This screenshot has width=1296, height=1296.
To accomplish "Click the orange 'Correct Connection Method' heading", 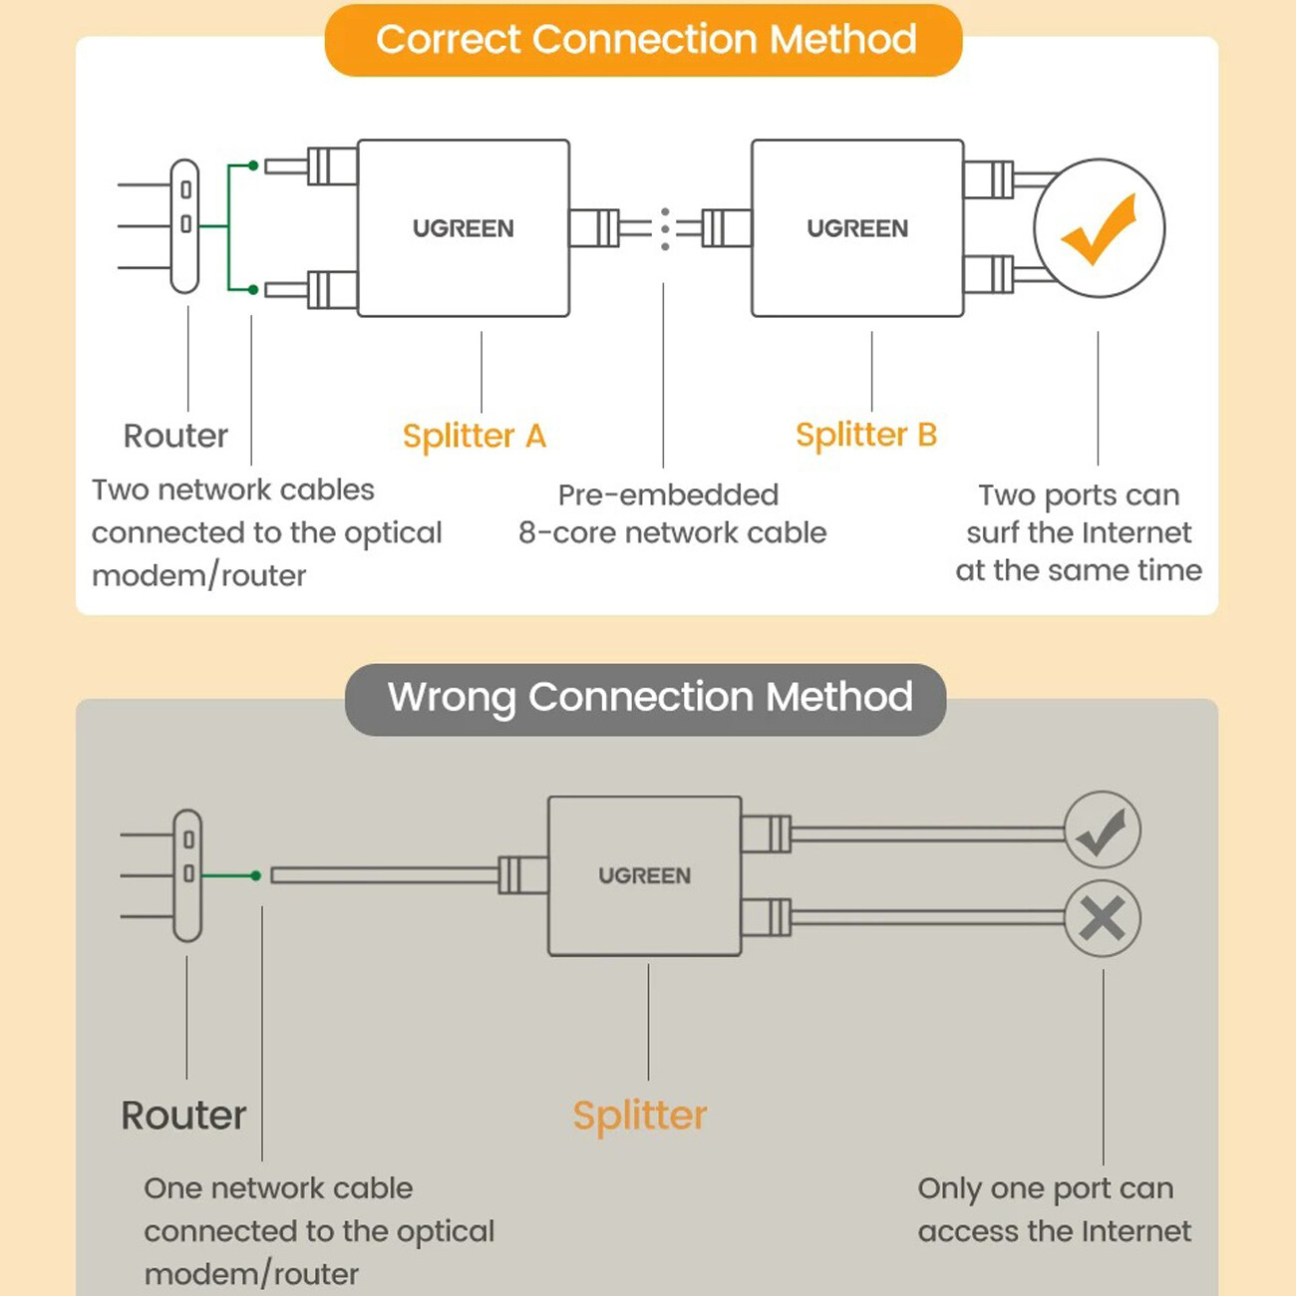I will (645, 40).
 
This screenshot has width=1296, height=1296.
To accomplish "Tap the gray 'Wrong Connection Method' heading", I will (648, 697).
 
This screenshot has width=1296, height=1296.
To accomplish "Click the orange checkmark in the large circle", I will (1099, 228).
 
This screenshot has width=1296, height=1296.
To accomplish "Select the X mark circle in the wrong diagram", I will (1102, 918).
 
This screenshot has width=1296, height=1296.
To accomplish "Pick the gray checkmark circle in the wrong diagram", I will (1102, 830).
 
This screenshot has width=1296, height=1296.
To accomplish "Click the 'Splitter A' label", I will (474, 436).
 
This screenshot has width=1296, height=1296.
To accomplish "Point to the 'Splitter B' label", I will (865, 435).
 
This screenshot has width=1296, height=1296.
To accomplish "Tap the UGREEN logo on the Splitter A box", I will (463, 228).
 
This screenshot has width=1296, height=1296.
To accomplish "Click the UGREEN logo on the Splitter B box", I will (857, 228).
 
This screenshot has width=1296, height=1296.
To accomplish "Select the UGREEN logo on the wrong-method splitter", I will (644, 875).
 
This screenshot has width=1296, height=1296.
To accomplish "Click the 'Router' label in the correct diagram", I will (175, 436).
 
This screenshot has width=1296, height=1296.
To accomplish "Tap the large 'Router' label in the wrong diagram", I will (183, 1115).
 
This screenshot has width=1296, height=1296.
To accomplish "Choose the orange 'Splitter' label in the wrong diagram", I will (639, 1115).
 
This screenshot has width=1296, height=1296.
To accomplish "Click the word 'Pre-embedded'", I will (668, 494).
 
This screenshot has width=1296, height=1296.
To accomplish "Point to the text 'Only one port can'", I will (1045, 1188).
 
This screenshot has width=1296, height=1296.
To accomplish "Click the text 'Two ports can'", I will (1079, 494).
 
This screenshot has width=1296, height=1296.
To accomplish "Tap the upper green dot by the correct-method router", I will (253, 165).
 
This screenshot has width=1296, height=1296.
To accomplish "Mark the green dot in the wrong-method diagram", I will (256, 875).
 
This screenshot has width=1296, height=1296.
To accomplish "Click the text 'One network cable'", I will (278, 1188).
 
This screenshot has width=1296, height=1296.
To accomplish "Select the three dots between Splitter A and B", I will (665, 229).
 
